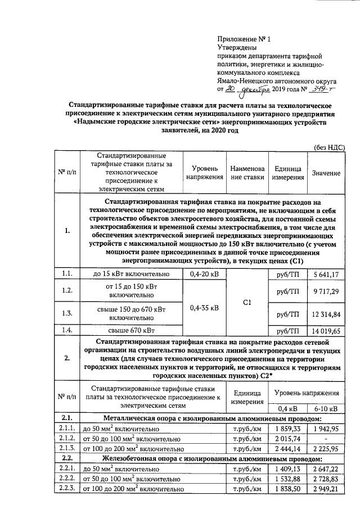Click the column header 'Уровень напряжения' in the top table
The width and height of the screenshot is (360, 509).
tap(204, 172)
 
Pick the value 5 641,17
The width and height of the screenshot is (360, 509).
tap(326, 274)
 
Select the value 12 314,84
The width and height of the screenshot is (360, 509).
tap(326, 313)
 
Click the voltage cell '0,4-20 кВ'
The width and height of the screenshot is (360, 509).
tap(204, 274)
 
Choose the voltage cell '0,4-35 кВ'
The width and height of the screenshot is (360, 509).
tap(204, 307)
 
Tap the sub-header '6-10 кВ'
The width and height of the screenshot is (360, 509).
tap(326, 408)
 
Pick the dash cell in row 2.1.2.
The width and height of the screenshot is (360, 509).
tap(326, 439)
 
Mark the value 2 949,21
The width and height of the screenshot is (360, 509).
tap(326, 489)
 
